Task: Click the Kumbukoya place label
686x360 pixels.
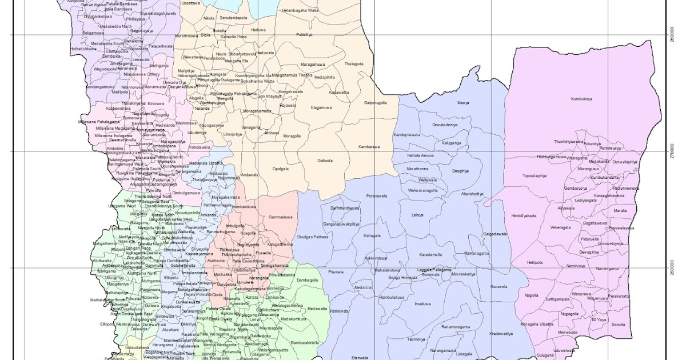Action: click(x=581, y=99)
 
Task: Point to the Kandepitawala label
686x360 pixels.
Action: click(x=407, y=135)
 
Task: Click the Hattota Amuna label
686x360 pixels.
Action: click(x=421, y=155)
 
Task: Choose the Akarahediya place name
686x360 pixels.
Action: click(x=472, y=194)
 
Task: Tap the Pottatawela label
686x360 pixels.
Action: click(x=377, y=195)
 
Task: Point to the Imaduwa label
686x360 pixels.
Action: click(x=422, y=303)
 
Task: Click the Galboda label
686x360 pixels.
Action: click(x=325, y=161)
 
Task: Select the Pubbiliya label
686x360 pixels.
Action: click(x=304, y=35)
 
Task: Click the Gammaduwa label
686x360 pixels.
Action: click(x=280, y=217)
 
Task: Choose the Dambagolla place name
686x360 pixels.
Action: click(x=307, y=280)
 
